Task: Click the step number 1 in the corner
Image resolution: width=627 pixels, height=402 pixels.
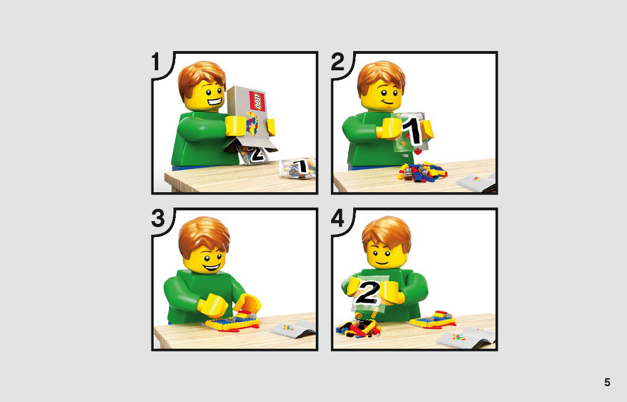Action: click(155, 62)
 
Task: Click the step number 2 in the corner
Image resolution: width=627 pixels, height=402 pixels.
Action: click(337, 62)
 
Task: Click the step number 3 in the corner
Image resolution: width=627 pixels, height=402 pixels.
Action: click(158, 218)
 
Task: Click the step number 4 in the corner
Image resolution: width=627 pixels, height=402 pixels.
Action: click(337, 218)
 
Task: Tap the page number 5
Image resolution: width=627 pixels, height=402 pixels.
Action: click(607, 382)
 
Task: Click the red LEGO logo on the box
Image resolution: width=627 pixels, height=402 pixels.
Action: click(257, 101)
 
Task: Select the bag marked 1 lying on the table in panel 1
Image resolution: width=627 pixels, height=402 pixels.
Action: click(298, 167)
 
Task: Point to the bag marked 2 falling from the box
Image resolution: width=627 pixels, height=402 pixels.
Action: click(253, 154)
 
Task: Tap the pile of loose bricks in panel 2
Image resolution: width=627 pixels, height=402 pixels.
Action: click(422, 172)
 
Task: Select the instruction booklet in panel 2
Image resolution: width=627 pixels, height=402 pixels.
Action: click(476, 183)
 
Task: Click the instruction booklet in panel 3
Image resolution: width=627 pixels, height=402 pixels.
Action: click(294, 329)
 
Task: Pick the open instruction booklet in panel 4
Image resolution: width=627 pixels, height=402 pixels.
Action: click(466, 337)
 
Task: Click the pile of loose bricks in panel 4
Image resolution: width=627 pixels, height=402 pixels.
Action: click(358, 327)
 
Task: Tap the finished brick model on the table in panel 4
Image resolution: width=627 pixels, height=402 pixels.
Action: click(432, 320)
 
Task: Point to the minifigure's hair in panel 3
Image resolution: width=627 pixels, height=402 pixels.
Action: click(204, 236)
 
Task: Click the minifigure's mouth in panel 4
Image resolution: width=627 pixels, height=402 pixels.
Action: click(382, 262)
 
